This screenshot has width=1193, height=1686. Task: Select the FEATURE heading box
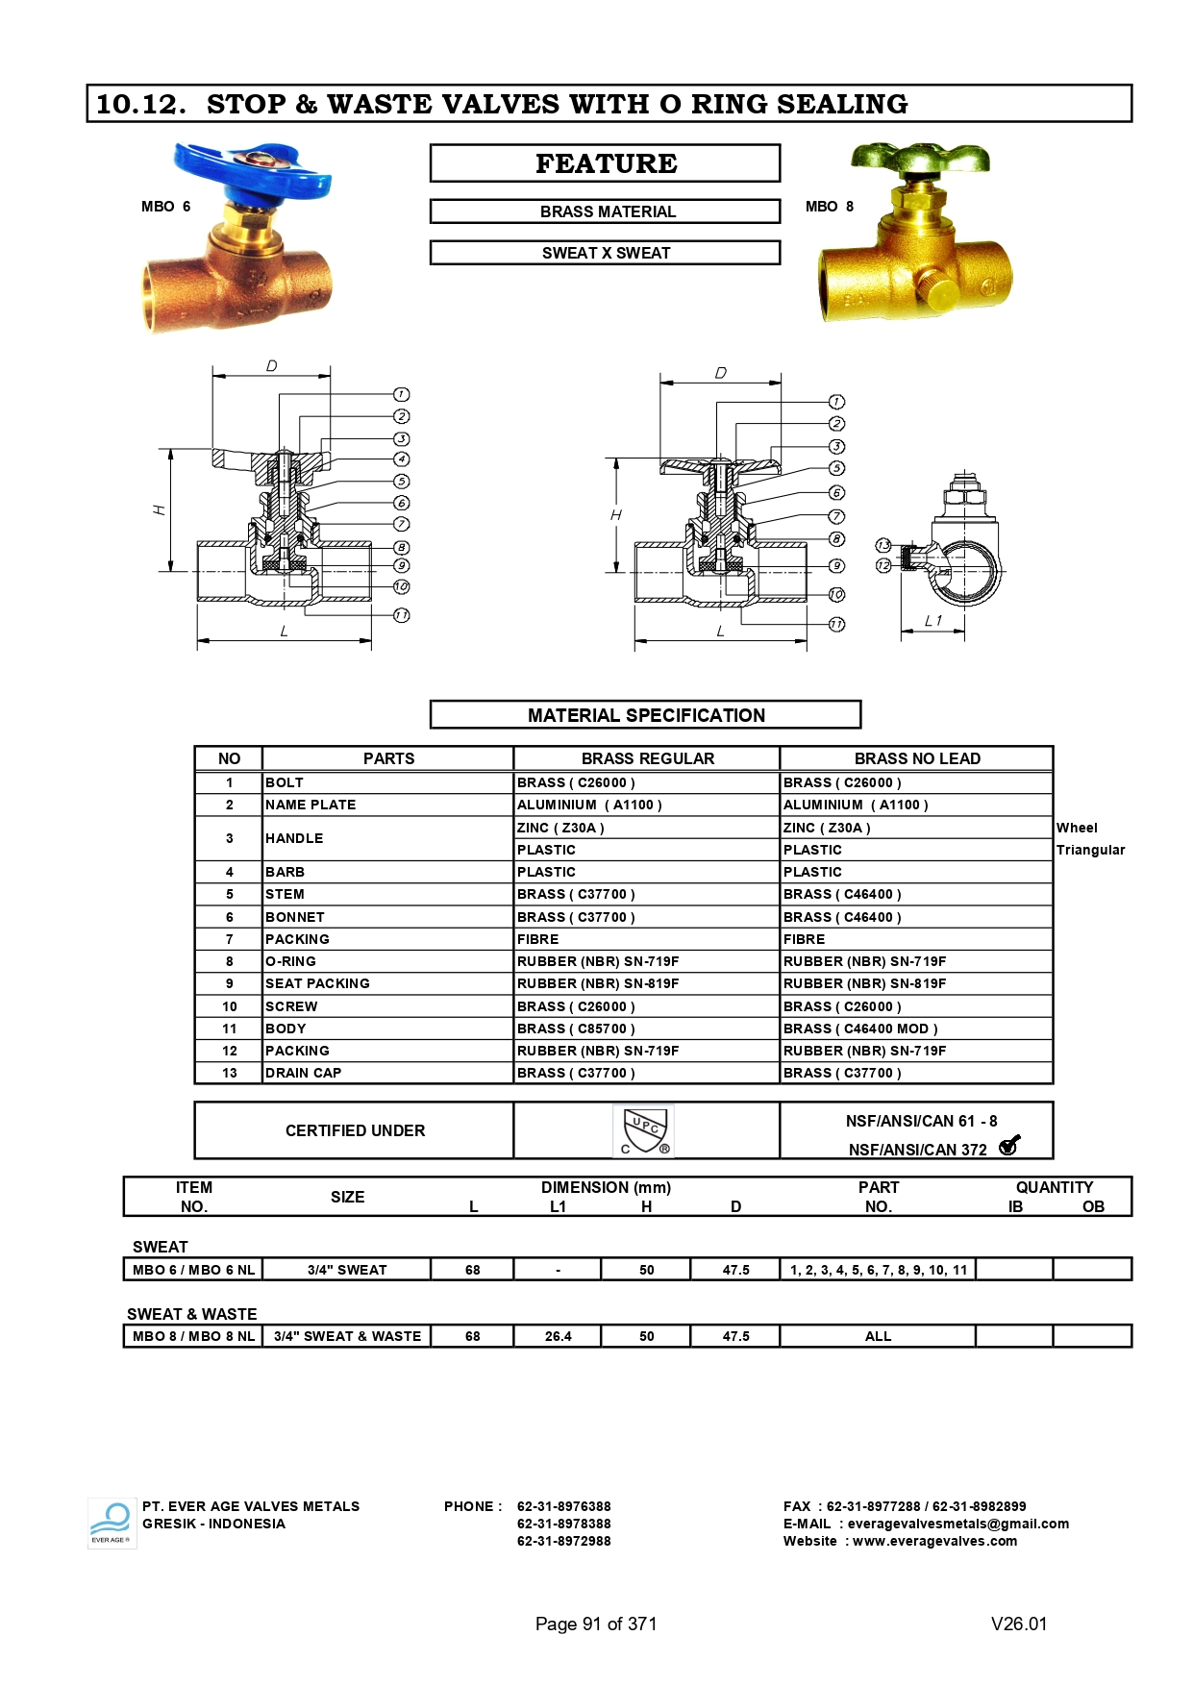click(x=605, y=163)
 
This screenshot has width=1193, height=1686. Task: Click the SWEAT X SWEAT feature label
click(x=605, y=253)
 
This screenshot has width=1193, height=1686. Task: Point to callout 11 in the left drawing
click(x=402, y=615)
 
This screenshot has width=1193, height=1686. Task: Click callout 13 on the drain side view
click(x=883, y=546)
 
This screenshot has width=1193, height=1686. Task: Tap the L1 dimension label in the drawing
click(x=932, y=621)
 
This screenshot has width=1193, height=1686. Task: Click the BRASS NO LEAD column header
click(x=916, y=758)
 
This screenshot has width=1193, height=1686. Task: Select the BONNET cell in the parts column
click(x=295, y=917)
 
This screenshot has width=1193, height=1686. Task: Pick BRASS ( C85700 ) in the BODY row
click(x=576, y=1029)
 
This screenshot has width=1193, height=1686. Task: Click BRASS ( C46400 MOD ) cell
click(x=859, y=1029)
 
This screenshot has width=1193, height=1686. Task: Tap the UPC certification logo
click(x=644, y=1130)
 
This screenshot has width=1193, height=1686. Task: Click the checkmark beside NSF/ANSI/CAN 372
click(x=1008, y=1146)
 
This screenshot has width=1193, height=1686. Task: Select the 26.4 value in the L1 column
click(x=558, y=1336)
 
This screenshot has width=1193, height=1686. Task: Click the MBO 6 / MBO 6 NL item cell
click(x=193, y=1270)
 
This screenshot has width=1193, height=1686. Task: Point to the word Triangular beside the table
click(x=1090, y=850)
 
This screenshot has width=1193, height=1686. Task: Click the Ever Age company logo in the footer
click(x=112, y=1523)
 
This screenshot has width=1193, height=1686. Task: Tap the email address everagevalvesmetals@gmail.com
click(x=957, y=1524)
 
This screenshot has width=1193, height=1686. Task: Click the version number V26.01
click(x=1018, y=1624)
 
